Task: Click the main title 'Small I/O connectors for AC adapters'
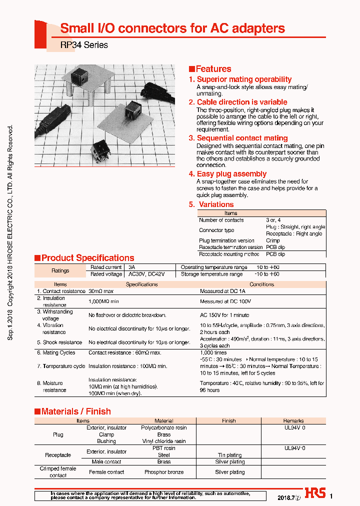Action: coord(172,28)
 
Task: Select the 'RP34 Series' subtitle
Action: coord(84,45)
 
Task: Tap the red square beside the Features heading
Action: coord(191,69)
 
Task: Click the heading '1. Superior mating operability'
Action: coord(240,79)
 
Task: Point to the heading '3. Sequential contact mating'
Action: coord(238,138)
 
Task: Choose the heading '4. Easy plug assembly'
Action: coord(227,174)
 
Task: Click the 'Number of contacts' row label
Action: coord(221,220)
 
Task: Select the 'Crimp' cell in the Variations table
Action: coord(273,240)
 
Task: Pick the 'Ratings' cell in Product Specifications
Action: coord(60,270)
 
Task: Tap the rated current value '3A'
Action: coord(132,267)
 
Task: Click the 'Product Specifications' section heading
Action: coord(87,258)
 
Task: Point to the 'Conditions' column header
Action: coord(261,284)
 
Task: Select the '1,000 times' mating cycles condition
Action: coord(213,352)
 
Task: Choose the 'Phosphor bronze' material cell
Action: coord(163,472)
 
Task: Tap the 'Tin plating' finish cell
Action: coord(229,455)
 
